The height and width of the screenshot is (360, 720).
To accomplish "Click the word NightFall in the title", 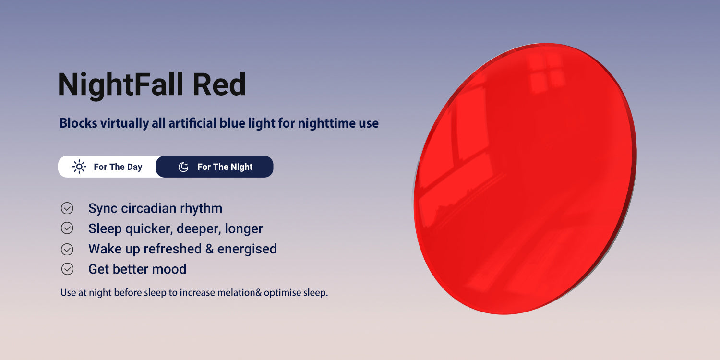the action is [x=120, y=84].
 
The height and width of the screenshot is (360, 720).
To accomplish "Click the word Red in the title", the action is [x=219, y=84].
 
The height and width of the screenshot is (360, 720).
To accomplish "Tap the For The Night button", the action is [x=215, y=167].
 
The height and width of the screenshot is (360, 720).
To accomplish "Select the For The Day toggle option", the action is [x=107, y=167].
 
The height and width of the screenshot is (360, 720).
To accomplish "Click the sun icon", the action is [x=79, y=167].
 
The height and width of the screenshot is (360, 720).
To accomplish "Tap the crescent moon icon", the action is [x=183, y=167].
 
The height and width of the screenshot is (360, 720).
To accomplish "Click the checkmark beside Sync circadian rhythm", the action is [x=67, y=208].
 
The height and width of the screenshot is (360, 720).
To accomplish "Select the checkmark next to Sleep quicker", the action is [x=67, y=228].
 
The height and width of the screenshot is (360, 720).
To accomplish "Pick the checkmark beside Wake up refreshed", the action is [x=67, y=249].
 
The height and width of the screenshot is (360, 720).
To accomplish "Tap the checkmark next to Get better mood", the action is [x=67, y=269].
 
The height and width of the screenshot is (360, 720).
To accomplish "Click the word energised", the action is [x=247, y=249].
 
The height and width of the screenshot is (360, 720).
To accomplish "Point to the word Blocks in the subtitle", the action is [x=78, y=123].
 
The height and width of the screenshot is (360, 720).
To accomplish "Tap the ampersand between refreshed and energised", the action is [x=209, y=249].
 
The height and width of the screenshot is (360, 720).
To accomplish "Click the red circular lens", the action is [x=525, y=179].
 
